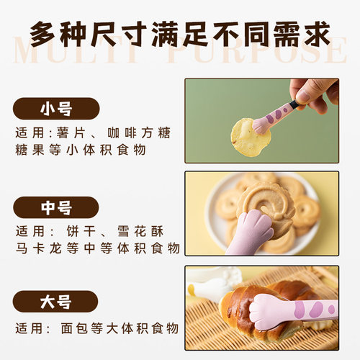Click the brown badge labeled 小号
(55, 109)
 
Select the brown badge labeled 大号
(55, 301)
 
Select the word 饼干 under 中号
(85, 232)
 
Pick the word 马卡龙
(41, 248)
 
